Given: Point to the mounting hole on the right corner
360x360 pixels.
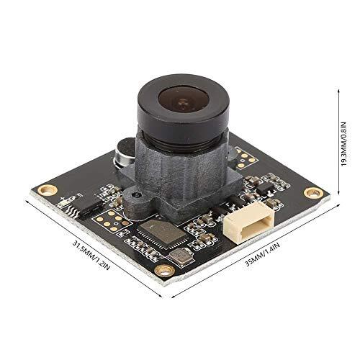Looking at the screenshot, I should coord(312,192).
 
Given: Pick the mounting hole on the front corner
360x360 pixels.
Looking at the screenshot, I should coord(165,270).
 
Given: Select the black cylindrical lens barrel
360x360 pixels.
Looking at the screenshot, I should coord(182,115).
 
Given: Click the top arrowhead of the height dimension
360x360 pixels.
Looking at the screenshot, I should coord(338,89).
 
